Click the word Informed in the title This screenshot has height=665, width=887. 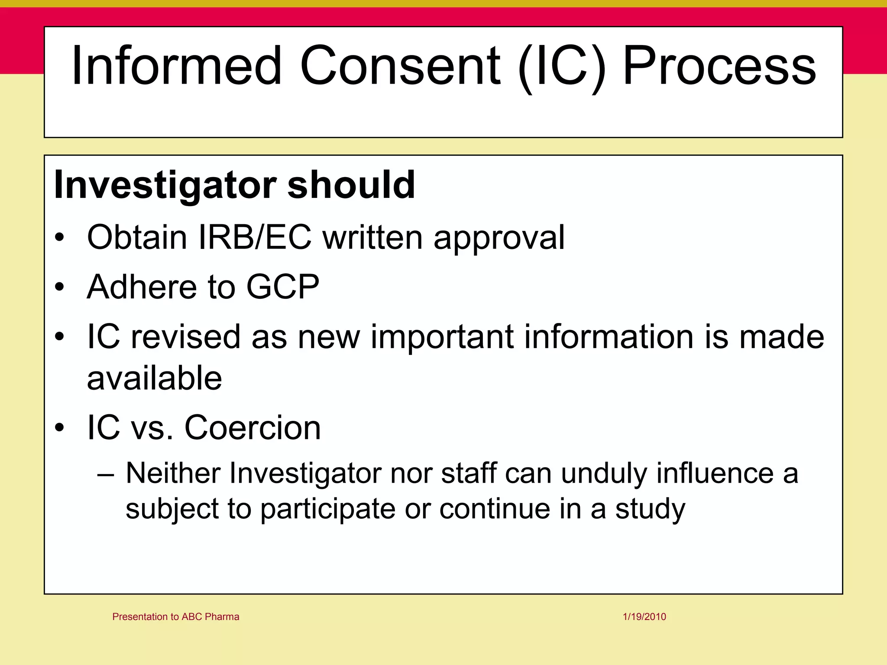pos(176,66)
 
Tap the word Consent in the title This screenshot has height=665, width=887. pos(400,66)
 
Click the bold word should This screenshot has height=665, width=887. pos(351,185)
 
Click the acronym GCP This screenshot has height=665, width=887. pos(283,287)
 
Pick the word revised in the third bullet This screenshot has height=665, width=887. pos(185,337)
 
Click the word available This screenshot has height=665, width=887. pos(154,378)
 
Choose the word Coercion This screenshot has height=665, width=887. pos(253,428)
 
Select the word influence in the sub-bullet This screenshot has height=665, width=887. pos(715,473)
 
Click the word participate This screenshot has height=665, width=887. pos(328,510)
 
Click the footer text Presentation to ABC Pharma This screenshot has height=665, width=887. pos(175,617)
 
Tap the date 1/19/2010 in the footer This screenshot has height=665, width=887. pos(644,617)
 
